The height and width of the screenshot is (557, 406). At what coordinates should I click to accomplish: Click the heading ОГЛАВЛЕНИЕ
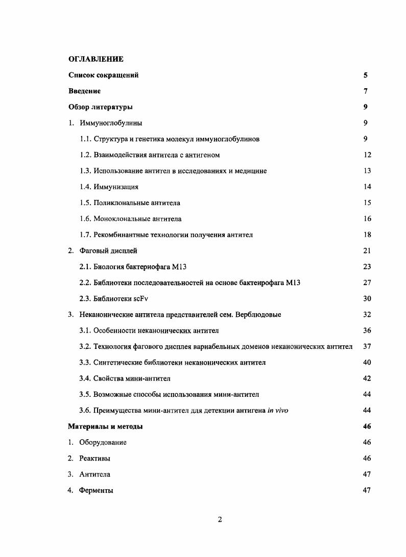(x=95, y=59)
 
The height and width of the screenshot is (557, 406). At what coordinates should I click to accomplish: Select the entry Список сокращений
(x=103, y=75)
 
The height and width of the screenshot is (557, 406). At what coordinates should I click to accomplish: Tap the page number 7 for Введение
(x=366, y=91)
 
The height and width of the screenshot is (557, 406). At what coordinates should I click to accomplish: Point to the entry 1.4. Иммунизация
(x=109, y=187)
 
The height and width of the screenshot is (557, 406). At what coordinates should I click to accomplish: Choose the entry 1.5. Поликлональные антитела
(x=130, y=202)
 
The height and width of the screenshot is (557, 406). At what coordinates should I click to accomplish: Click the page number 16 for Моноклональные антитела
(x=367, y=219)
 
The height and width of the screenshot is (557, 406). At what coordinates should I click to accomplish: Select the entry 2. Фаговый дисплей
(x=103, y=250)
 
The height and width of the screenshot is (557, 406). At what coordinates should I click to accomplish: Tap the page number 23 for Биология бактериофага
(x=367, y=266)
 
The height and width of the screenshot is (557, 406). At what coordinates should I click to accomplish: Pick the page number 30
(x=367, y=298)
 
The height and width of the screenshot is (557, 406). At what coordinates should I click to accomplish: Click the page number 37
(x=367, y=346)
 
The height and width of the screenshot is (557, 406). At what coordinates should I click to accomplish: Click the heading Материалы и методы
(x=105, y=426)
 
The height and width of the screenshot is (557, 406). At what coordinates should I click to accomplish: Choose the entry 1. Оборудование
(x=98, y=442)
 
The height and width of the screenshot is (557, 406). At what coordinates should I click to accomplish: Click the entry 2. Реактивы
(x=89, y=458)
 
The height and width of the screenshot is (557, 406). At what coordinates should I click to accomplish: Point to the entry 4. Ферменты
(x=91, y=490)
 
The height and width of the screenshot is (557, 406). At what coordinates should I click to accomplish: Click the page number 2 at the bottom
(x=220, y=520)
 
